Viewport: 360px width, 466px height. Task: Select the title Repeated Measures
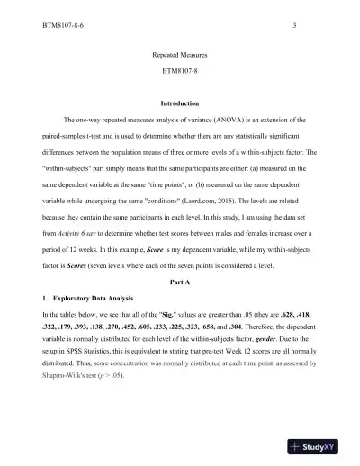point(180,55)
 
